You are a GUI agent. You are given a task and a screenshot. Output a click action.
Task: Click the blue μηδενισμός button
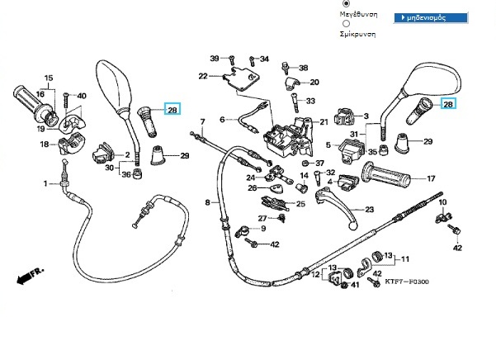431,17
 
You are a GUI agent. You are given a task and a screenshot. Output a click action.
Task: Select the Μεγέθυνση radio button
347,3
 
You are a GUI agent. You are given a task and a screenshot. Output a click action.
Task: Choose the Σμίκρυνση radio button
347,24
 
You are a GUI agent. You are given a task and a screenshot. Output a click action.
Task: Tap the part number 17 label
431,178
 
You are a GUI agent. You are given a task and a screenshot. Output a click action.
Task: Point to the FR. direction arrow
30,276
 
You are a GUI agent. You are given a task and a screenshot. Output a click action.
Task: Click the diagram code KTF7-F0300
407,282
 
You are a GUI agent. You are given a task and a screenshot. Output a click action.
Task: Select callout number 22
203,76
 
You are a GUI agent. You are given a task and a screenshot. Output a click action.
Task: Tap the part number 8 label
207,202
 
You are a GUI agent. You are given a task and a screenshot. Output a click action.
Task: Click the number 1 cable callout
45,183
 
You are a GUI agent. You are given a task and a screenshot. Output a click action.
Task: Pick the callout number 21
324,122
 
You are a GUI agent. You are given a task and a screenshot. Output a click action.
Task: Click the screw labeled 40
66,101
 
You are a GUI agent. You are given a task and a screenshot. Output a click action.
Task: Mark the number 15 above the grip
49,78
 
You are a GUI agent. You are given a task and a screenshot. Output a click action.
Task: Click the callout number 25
300,204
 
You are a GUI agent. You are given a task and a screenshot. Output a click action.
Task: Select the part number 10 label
442,202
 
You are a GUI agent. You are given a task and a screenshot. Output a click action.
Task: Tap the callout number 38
303,68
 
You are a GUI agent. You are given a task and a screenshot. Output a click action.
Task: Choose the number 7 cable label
202,121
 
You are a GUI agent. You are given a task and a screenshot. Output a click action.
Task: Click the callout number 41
356,285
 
